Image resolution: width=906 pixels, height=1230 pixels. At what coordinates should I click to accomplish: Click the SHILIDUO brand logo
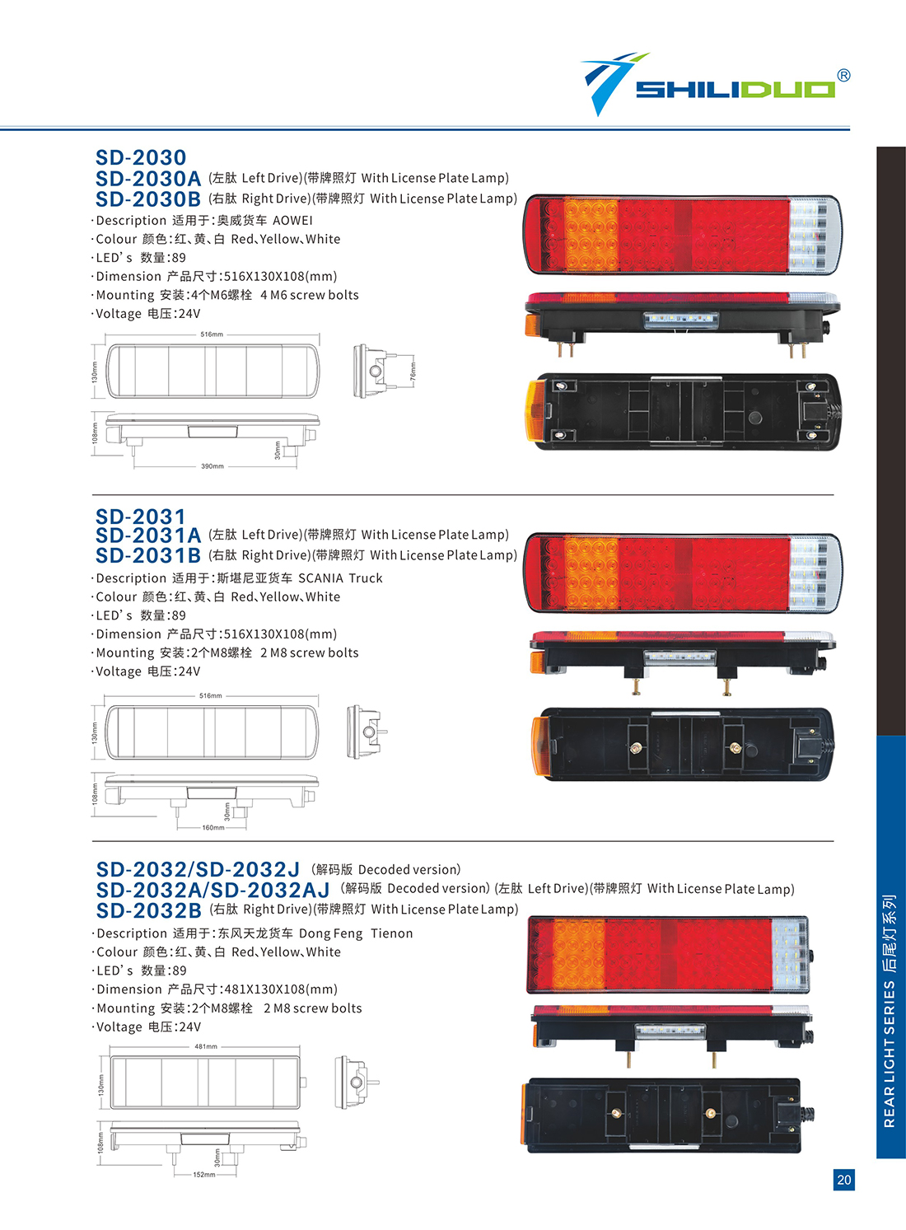pos(709,84)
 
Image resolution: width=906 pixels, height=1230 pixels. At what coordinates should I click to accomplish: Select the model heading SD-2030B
pos(148,199)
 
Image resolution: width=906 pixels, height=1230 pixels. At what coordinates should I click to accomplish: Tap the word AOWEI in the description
pos(292,221)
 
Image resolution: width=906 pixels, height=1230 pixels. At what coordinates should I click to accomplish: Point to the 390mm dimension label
pos(212,466)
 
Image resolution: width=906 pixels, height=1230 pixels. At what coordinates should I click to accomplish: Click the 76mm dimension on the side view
pos(413,371)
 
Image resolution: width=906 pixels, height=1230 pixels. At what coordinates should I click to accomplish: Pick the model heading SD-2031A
pos(148,535)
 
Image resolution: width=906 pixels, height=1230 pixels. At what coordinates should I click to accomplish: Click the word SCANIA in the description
pos(320,578)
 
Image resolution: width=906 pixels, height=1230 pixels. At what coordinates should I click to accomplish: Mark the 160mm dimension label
pos(213,827)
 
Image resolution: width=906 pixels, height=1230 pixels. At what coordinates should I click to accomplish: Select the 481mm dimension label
pos(206,1046)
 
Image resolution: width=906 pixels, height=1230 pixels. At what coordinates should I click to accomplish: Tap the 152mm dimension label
pos(204,1175)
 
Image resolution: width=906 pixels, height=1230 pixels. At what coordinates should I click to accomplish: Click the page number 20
pos(844,1180)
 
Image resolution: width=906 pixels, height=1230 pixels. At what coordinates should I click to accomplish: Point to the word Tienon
pos(391,933)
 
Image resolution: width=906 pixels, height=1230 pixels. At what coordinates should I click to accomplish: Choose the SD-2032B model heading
pos(149,910)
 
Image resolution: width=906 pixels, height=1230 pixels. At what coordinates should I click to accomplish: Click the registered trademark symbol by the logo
pos(843,75)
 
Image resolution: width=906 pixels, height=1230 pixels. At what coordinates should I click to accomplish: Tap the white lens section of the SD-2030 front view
pos(814,235)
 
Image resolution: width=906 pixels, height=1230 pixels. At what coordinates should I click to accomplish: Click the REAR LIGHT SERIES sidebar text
pos(890,1055)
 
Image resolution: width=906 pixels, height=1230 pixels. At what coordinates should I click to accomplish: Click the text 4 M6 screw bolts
pos(309,296)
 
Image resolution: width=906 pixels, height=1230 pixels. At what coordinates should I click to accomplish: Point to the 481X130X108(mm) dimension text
pos(281,989)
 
